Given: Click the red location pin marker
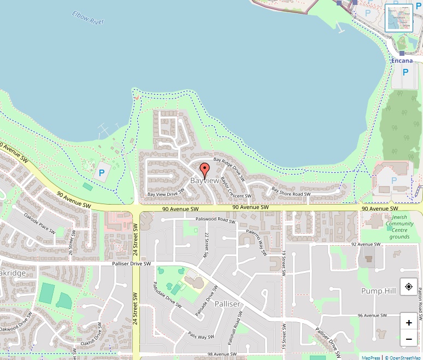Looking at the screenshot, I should point(205,169).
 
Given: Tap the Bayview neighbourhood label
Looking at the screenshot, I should point(204,181).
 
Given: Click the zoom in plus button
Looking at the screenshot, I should point(409,323).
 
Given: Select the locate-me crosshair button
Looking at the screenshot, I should point(409,287).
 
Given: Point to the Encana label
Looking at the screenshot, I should point(402,61).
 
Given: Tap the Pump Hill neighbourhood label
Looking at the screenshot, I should point(378,291).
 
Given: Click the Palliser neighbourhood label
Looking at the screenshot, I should point(227,304).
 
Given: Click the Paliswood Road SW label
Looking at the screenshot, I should point(215,220).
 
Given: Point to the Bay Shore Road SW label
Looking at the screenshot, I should point(291,191).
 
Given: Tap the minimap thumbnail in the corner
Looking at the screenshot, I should point(399,18).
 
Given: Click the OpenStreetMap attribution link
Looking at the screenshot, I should point(405,357).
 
